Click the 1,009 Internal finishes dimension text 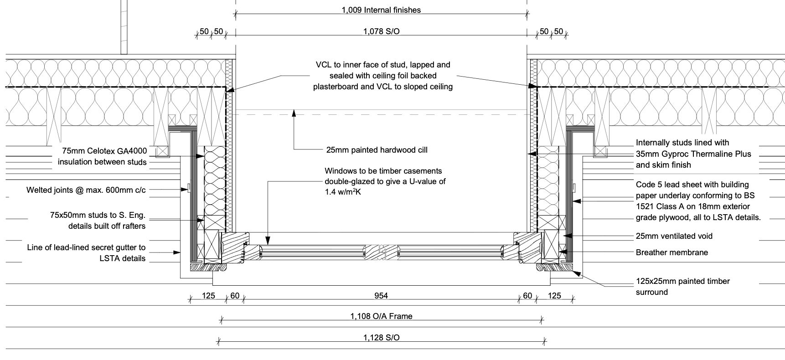coord(381,10)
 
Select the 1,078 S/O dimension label coord(381,31)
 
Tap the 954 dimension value coord(381,296)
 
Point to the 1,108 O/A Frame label coord(381,316)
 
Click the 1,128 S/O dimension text coord(381,338)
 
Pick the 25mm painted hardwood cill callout coord(377,150)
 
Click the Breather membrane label coord(672,252)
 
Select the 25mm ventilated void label coord(674,236)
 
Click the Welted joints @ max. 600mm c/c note coord(86,190)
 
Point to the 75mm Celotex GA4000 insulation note coord(102,156)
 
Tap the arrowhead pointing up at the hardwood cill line coord(294,112)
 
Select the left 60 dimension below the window coord(235,296)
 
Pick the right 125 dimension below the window coord(554,296)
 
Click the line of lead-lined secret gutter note coord(86,253)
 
